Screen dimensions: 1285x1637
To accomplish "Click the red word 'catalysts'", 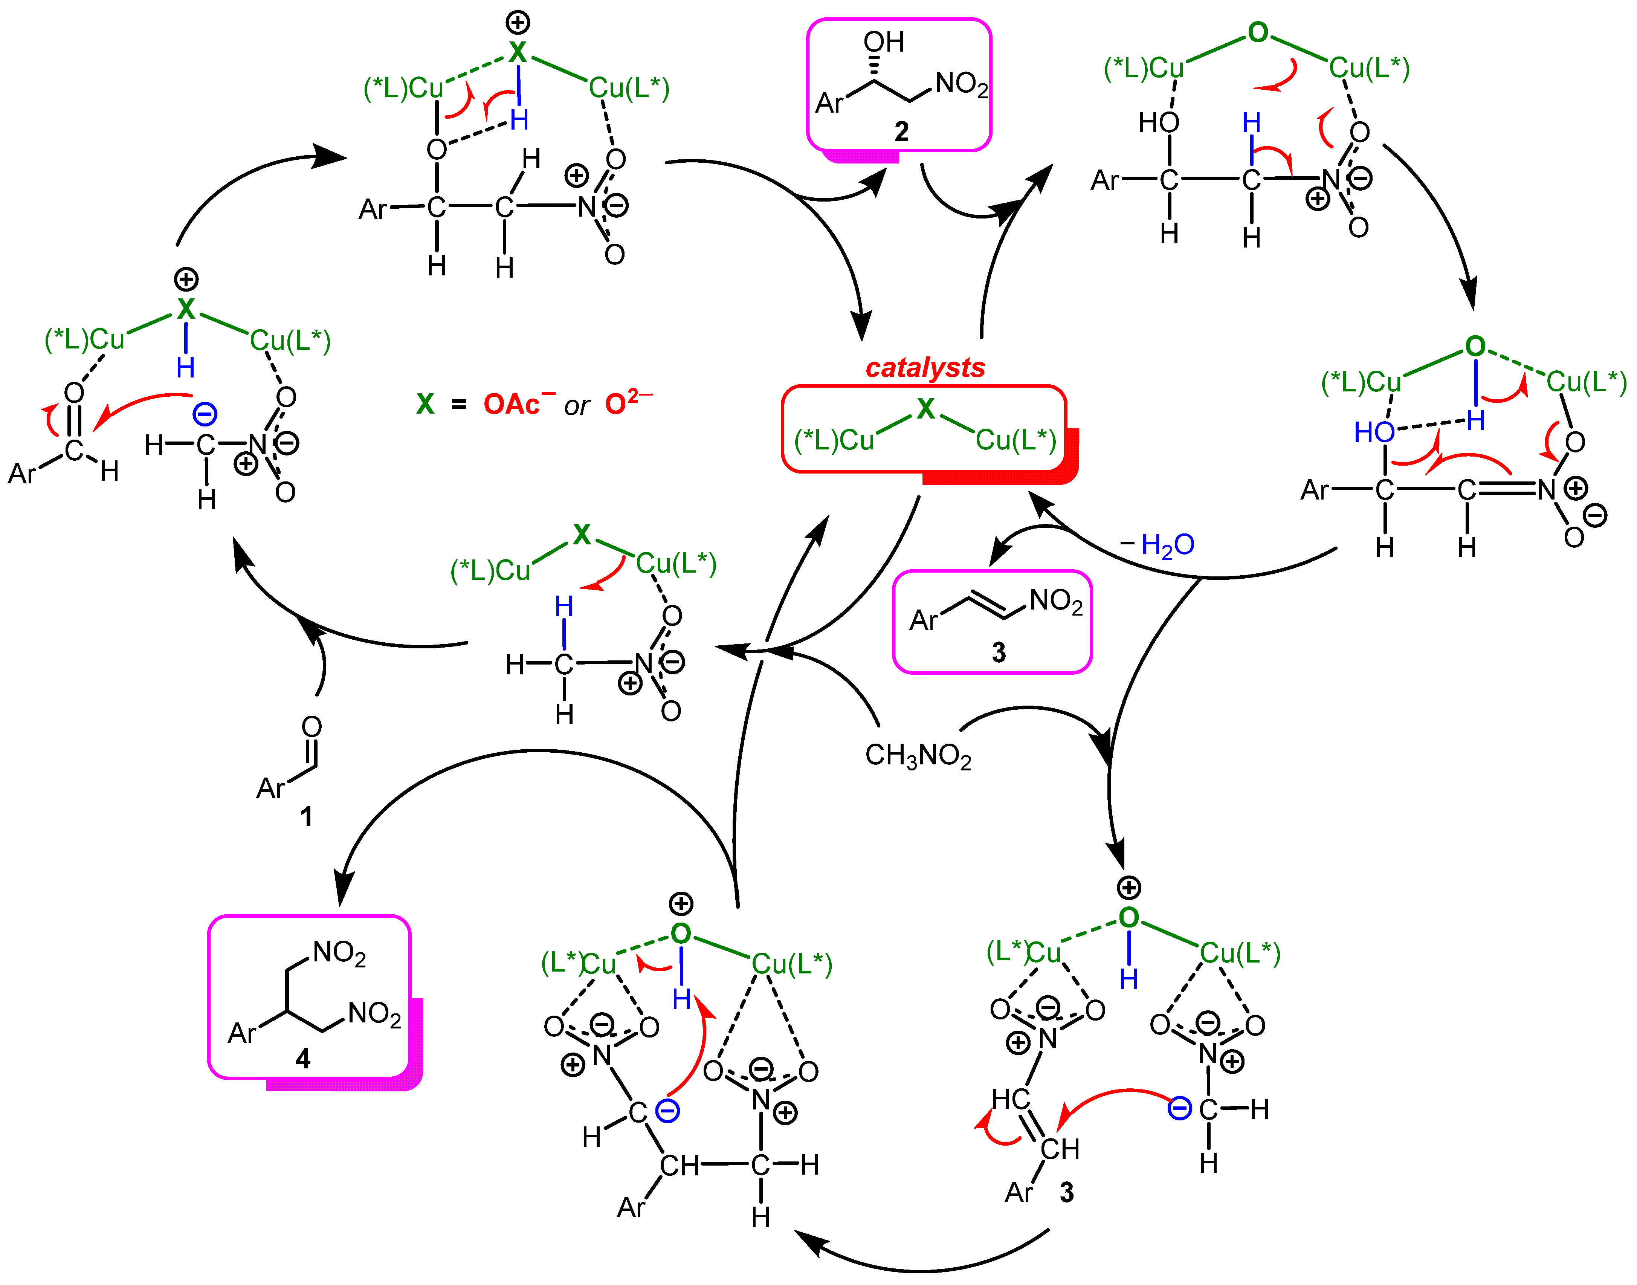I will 925,368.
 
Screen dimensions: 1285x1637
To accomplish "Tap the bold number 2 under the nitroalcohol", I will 901,132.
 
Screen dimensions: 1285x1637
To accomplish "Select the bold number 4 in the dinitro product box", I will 302,1059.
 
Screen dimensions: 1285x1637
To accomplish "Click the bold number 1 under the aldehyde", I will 306,816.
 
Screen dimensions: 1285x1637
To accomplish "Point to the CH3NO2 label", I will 918,755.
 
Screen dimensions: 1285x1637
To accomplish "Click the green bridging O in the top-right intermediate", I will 1258,33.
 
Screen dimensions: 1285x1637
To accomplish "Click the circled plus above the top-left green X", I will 518,23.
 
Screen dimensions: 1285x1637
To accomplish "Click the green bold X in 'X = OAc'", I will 425,405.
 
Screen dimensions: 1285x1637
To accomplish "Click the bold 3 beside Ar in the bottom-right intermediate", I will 1067,1192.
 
